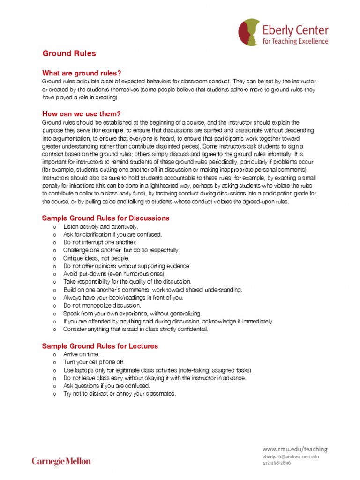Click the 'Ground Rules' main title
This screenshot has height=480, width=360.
click(x=69, y=53)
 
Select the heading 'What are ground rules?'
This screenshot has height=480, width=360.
click(x=82, y=73)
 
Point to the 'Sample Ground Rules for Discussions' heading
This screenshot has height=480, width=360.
click(x=105, y=218)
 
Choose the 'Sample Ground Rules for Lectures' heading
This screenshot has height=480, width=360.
click(x=100, y=346)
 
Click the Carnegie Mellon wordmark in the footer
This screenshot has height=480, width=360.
click(x=61, y=461)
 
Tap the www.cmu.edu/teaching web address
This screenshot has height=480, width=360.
click(x=295, y=449)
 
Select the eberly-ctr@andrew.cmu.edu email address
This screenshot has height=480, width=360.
click(x=291, y=456)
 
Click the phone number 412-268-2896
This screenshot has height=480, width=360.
click(x=277, y=463)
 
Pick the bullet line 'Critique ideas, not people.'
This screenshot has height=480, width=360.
click(x=96, y=258)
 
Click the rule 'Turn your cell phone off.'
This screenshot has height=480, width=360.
click(x=94, y=362)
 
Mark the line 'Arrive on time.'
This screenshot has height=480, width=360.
click(x=82, y=354)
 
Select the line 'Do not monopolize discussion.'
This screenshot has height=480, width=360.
click(x=102, y=305)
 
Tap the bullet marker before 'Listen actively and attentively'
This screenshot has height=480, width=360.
click(x=55, y=227)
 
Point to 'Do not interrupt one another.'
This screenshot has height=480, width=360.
click(x=99, y=242)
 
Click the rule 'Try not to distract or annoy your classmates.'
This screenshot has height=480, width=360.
click(x=119, y=394)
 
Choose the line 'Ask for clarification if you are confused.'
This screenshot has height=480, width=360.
click(x=112, y=234)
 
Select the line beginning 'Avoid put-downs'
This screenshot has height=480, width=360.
click(x=114, y=274)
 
